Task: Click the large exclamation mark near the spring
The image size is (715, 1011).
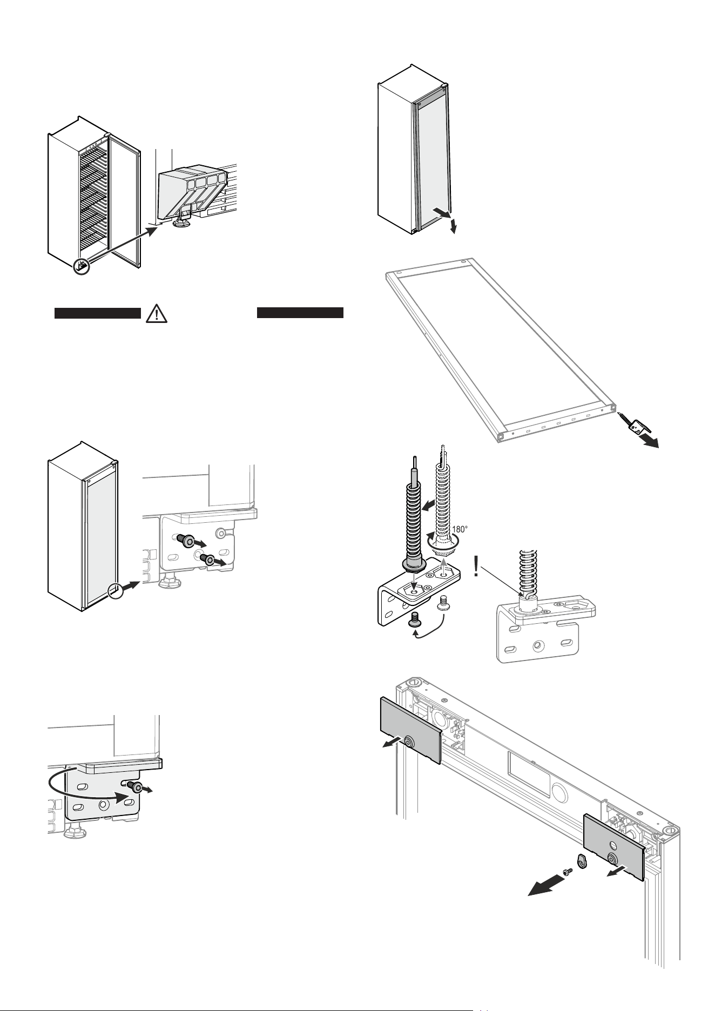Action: tap(476, 568)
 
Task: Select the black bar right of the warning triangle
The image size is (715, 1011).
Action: tap(300, 313)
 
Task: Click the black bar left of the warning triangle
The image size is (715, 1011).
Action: tap(98, 313)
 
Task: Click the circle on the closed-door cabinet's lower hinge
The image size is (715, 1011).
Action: tap(116, 591)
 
